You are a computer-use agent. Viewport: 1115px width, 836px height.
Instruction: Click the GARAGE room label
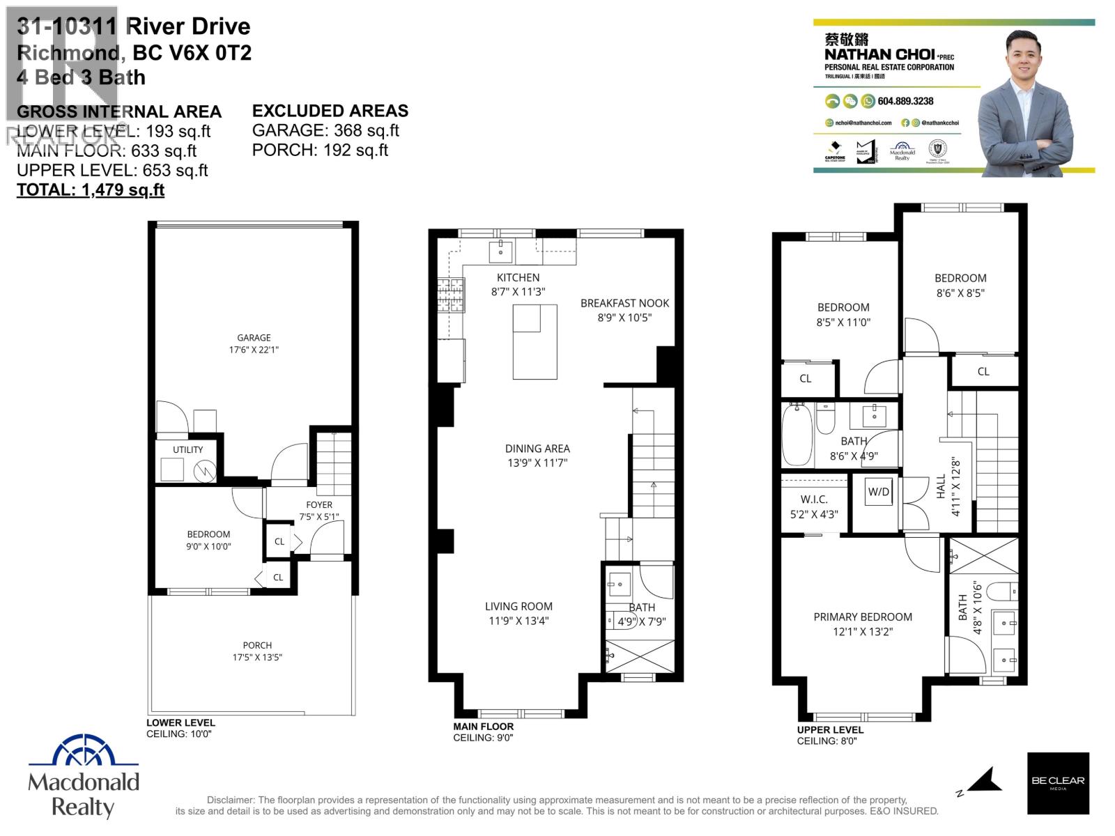[x=254, y=337]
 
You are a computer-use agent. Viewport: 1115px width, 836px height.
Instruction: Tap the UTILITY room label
[x=187, y=450]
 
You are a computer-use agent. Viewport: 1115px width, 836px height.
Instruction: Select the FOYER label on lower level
[x=319, y=504]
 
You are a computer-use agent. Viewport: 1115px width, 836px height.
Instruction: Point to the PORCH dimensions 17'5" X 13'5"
[x=257, y=658]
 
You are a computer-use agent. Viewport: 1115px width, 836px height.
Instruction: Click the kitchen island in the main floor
[x=535, y=342]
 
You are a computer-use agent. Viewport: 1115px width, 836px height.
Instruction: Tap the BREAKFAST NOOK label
[x=624, y=303]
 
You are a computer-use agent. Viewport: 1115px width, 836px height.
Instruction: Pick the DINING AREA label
[x=537, y=449]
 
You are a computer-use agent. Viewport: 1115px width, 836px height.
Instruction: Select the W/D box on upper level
[x=879, y=492]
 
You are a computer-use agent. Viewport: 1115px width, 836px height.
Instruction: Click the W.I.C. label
[x=814, y=500]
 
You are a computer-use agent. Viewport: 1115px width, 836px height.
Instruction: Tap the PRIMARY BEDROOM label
[x=863, y=617]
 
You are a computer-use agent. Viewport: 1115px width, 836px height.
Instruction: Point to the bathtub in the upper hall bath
[x=797, y=436]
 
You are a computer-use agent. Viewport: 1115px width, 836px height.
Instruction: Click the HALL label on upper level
[x=941, y=486]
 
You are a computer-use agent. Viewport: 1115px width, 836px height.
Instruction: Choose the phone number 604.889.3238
[x=905, y=101]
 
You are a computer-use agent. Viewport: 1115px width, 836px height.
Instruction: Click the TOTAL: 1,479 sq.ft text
[x=91, y=190]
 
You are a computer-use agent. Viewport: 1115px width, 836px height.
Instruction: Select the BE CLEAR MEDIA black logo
[x=1058, y=783]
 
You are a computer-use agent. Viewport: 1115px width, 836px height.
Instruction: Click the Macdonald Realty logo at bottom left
[x=84, y=777]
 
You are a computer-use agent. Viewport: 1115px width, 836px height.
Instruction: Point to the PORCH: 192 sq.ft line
[x=320, y=150]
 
